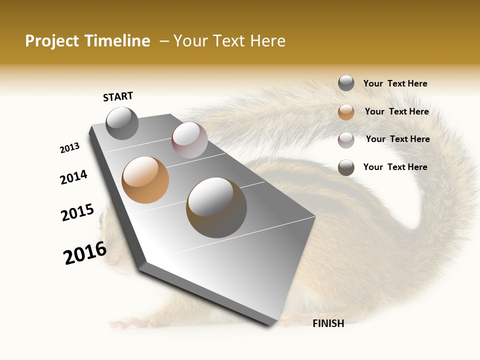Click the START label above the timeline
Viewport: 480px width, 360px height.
click(118, 96)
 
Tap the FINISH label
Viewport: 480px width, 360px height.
click(328, 323)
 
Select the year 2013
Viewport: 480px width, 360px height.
click(69, 148)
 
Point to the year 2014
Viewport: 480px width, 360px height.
click(73, 177)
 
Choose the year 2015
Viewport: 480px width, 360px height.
click(77, 212)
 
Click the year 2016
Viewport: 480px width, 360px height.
click(85, 253)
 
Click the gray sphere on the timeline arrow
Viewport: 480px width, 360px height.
click(122, 123)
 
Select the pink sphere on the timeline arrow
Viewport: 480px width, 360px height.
click(189, 140)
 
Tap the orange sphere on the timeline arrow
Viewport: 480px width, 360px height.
click(145, 180)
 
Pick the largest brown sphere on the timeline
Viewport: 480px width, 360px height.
click(216, 207)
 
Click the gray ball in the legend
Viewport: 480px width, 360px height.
click(346, 83)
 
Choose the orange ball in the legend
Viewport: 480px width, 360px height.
click(346, 112)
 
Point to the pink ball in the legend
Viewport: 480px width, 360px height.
click(346, 140)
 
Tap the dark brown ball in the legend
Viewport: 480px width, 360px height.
click(346, 167)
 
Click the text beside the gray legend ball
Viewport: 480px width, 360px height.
click(395, 84)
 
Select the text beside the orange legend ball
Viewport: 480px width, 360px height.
click(396, 111)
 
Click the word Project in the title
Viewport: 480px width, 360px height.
click(52, 41)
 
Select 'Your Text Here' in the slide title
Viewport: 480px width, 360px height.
click(229, 41)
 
